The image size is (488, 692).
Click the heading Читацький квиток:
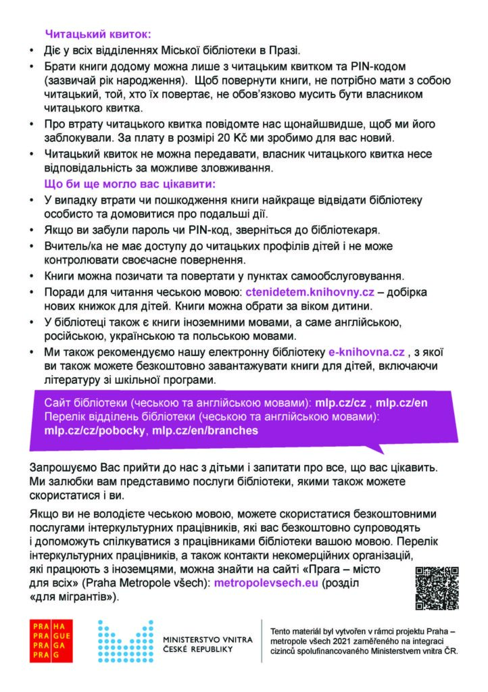tap(98, 32)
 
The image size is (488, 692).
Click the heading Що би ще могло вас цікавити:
tap(120, 184)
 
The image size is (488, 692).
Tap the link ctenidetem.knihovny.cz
tap(310, 292)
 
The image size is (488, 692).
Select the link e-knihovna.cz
tap(366, 353)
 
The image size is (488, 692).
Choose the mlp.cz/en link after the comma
tap(401, 403)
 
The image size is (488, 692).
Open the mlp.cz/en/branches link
tap(205, 430)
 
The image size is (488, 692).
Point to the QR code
tap(436, 587)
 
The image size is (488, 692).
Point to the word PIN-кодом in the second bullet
tap(378, 66)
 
